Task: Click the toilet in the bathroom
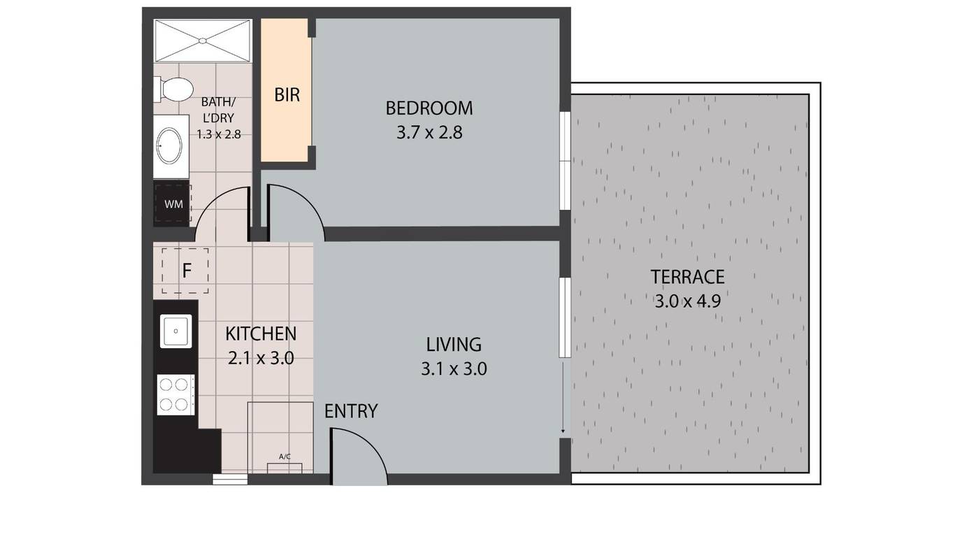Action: coord(173,89)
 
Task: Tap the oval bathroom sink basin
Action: coord(170,145)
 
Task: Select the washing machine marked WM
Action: coord(173,203)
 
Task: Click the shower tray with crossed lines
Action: coord(203,41)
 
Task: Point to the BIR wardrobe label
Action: coord(287,94)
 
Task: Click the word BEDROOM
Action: coord(429,108)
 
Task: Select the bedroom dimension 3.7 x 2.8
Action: coord(429,133)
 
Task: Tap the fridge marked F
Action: coord(185,271)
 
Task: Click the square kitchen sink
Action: coord(175,331)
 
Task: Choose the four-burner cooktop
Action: coord(175,394)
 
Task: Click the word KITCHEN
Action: coord(261,334)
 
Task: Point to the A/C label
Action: coord(285,457)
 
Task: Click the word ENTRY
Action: coord(351,411)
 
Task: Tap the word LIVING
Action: coord(454,345)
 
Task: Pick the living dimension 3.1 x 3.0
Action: coord(454,369)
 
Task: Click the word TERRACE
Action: coord(687,277)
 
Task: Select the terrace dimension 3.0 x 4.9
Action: coord(687,301)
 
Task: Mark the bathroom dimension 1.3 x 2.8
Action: coord(219,135)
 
